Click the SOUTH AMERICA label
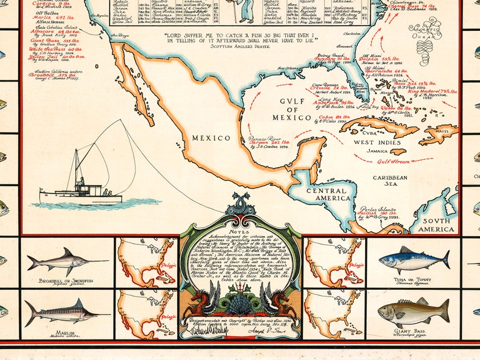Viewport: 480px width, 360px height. tap(436, 225)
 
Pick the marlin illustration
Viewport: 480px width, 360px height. tap(66, 312)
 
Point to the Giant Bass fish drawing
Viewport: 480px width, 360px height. tap(414, 311)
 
